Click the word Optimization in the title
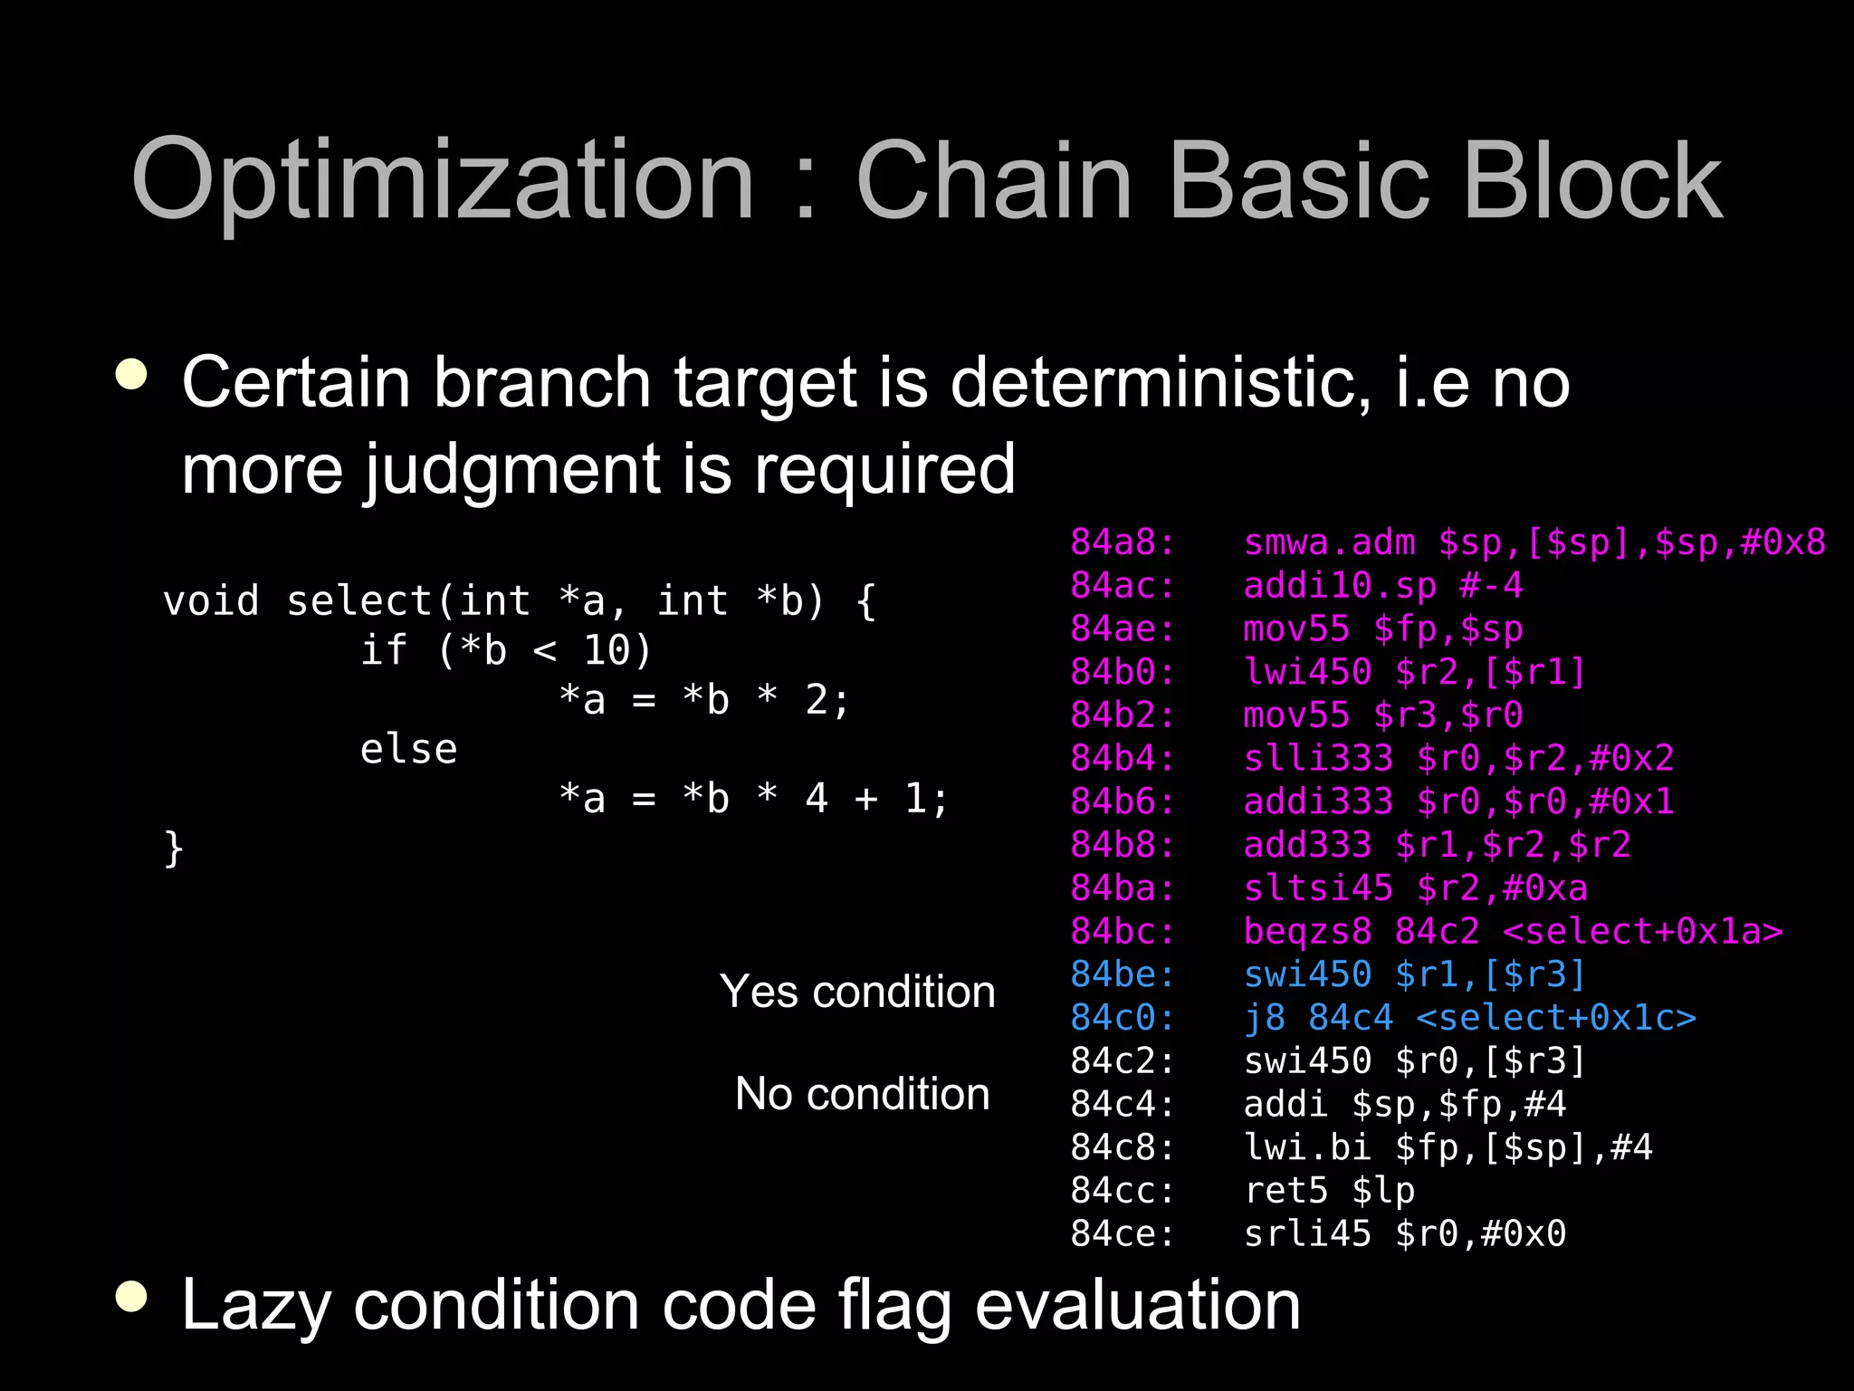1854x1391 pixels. [443, 181]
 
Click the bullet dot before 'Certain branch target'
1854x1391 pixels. [132, 375]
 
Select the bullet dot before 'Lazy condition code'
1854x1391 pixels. [132, 1297]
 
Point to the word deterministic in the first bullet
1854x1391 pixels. [1160, 382]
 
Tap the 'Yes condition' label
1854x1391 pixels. [857, 992]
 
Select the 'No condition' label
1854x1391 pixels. [862, 1094]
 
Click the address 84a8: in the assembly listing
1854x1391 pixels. [1122, 542]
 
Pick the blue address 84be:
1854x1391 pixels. [1122, 974]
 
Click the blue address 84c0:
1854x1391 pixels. [1122, 1018]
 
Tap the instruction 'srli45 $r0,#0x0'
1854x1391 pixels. [1404, 1233]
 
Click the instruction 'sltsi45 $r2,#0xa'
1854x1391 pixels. [1415, 888]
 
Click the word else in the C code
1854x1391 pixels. [408, 750]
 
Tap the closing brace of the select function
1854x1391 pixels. [174, 849]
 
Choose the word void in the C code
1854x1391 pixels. [211, 601]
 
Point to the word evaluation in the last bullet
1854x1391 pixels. [1137, 1305]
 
